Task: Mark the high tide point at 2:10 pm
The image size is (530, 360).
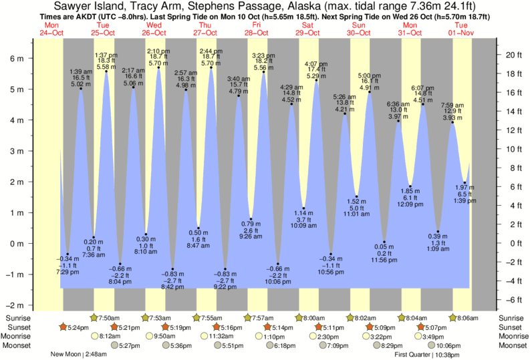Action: [158, 67]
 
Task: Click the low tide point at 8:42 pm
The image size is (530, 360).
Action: [172, 269]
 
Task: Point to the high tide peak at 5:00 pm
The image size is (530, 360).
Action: [369, 92]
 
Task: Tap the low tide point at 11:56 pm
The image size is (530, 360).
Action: [384, 242]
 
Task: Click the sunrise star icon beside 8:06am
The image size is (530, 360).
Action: [453, 317]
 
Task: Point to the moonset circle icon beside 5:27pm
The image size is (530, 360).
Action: [115, 346]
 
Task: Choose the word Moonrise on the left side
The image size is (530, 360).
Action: [17, 337]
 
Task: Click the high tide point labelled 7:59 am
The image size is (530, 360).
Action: [452, 122]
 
